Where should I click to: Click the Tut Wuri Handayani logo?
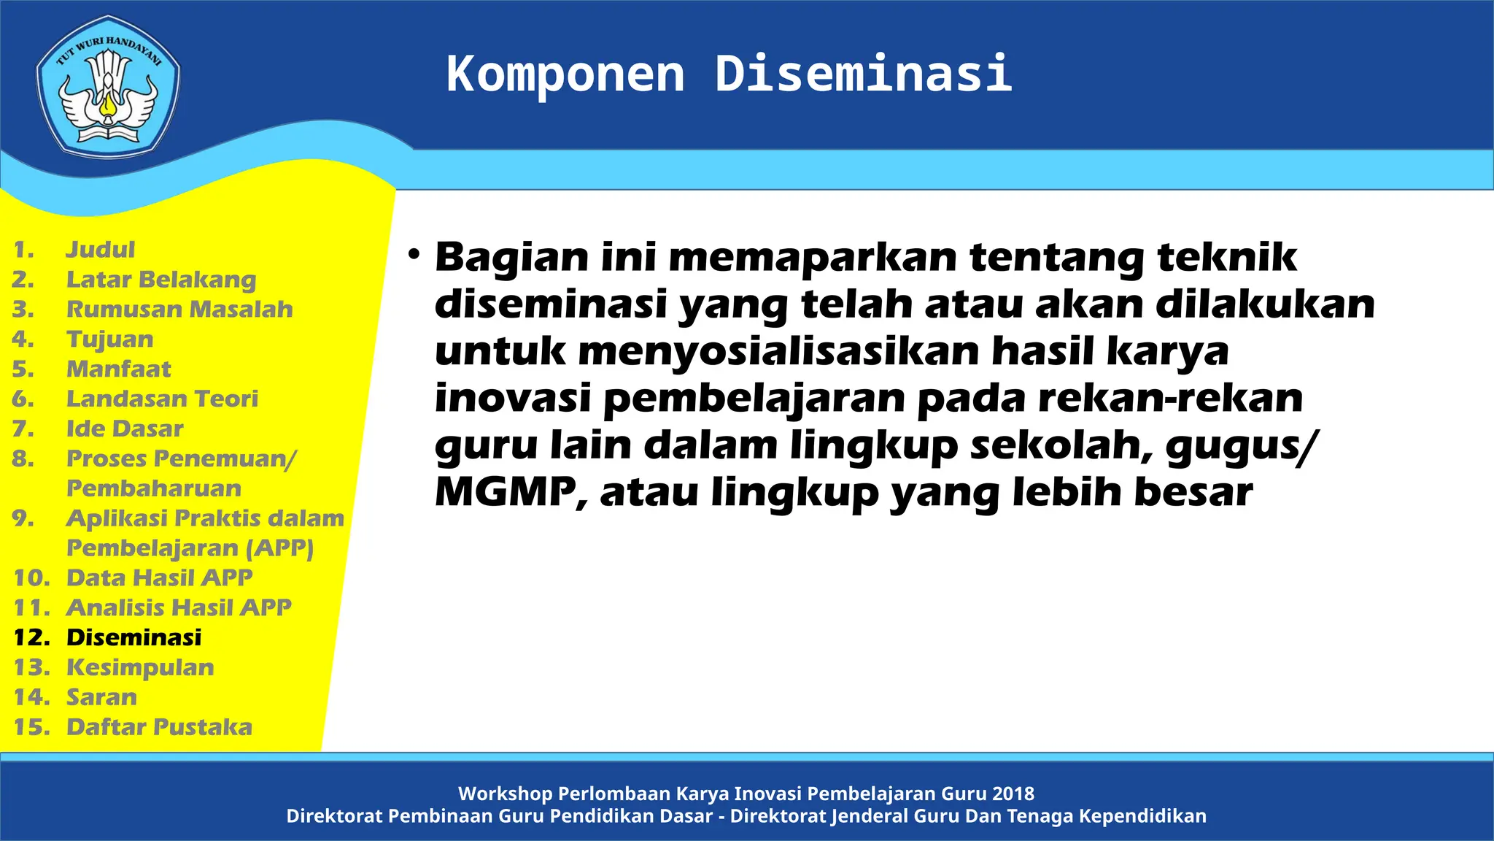(108, 86)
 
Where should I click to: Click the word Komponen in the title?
(565, 74)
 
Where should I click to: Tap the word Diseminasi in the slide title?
(863, 74)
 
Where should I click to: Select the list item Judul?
(100, 250)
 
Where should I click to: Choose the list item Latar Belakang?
(161, 280)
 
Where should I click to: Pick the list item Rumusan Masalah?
(179, 310)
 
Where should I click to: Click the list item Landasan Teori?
(162, 399)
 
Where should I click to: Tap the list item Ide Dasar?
(125, 429)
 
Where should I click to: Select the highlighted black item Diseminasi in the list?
(133, 637)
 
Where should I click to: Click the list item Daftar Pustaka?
(159, 727)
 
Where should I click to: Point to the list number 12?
(31, 637)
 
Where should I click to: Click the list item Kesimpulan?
(140, 667)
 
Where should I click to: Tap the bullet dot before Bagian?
(414, 255)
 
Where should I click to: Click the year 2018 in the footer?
(1013, 794)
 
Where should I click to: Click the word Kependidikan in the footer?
(1143, 816)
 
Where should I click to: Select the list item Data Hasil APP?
(159, 577)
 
